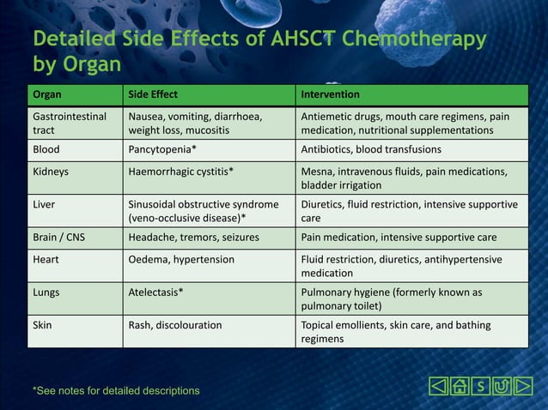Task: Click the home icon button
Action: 460,387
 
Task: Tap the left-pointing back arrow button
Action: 438,387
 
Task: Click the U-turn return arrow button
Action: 502,387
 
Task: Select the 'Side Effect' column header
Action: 153,93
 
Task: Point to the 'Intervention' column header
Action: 330,93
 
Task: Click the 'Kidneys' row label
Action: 51,171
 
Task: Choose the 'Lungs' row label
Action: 46,292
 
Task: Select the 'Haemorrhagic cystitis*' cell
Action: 180,171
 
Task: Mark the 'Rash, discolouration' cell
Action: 174,325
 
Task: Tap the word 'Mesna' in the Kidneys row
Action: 316,171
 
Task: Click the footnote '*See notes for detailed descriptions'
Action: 116,391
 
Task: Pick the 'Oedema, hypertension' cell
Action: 181,259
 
